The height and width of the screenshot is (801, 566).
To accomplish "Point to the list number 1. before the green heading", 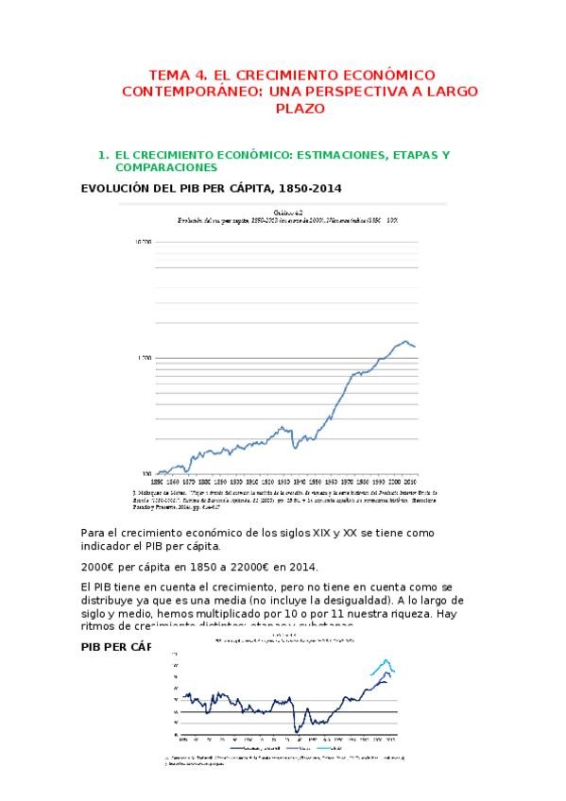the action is (x=104, y=154).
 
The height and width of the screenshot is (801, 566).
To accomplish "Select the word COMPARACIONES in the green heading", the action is (x=164, y=166).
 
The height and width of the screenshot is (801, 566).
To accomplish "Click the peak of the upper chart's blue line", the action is (x=405, y=341).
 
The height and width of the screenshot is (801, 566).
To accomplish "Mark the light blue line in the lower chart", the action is (x=386, y=662).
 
